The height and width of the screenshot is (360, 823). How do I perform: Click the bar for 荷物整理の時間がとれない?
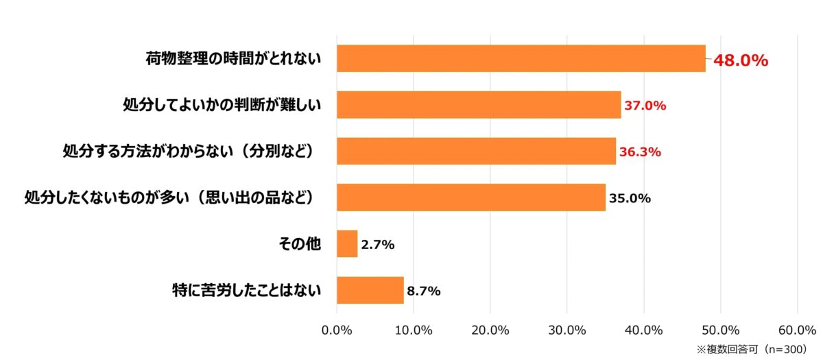pyautogui.click(x=521, y=58)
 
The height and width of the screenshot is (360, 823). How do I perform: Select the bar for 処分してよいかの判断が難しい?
pyautogui.click(x=479, y=105)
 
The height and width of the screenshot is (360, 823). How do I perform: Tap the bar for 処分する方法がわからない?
pyautogui.click(x=476, y=151)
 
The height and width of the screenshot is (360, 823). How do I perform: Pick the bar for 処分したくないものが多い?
pyautogui.click(x=471, y=197)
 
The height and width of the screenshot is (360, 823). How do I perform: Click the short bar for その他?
pyautogui.click(x=347, y=243)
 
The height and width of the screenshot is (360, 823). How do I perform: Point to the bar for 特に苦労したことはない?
pyautogui.click(x=370, y=290)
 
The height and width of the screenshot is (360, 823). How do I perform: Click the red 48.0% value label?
pyautogui.click(x=740, y=60)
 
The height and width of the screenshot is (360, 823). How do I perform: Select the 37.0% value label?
pyautogui.click(x=645, y=106)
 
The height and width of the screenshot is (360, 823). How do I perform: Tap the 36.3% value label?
pyautogui.click(x=640, y=152)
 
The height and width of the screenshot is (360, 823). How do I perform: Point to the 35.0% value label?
pyautogui.click(x=630, y=198)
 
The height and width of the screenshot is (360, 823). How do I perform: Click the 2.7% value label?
pyautogui.click(x=378, y=244)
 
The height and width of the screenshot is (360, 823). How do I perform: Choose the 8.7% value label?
pyautogui.click(x=424, y=291)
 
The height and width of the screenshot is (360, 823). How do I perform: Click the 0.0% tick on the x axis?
pyautogui.click(x=337, y=330)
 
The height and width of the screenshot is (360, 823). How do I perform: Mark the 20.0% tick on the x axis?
pyautogui.click(x=490, y=330)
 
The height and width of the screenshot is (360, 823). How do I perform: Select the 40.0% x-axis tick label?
pyautogui.click(x=643, y=330)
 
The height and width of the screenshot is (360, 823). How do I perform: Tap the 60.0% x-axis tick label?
pyautogui.click(x=797, y=330)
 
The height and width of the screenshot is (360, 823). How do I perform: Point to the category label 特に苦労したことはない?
pyautogui.click(x=246, y=290)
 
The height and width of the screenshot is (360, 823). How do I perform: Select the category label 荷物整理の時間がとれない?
pyautogui.click(x=233, y=58)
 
